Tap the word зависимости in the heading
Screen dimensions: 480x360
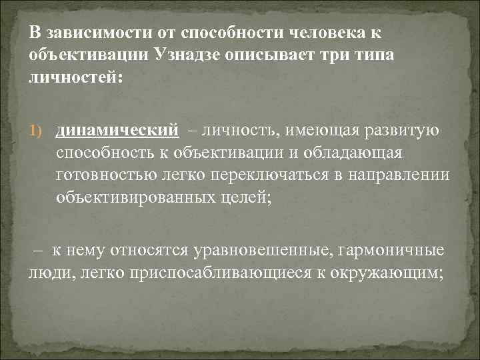(99, 33)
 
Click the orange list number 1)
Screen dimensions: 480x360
(36, 131)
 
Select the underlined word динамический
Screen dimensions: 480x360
(117, 131)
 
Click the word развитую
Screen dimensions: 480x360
(401, 131)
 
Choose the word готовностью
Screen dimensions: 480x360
(106, 175)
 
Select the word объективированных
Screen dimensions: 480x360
(136, 198)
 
